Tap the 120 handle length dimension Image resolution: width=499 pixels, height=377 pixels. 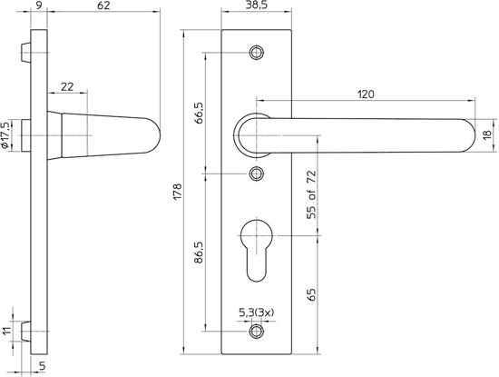tap(366, 94)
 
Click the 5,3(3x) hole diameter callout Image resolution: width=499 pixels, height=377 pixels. tap(256, 313)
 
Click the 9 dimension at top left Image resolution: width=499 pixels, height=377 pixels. tap(35, 7)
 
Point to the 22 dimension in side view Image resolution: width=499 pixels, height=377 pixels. tap(67, 86)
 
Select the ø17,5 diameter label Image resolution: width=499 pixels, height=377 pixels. tap(8, 134)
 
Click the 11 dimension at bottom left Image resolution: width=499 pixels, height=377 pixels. tap(8, 333)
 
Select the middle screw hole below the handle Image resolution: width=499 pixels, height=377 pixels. tap(258, 173)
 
